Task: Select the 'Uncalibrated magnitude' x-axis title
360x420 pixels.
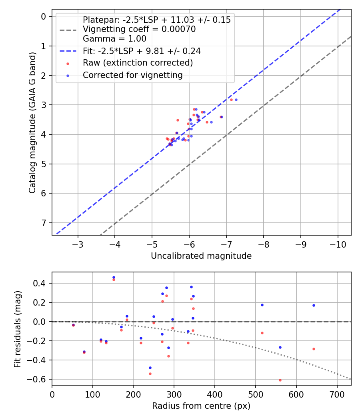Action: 201,256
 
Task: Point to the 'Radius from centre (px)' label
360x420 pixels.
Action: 201,406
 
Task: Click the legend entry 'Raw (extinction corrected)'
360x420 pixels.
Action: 138,63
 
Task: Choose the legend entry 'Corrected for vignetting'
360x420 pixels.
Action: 132,75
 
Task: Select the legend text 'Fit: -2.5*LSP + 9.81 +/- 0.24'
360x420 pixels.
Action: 142,51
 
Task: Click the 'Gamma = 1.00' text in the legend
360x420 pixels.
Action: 114,39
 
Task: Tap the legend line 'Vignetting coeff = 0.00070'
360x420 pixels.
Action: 139,29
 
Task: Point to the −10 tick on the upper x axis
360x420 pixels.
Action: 338,244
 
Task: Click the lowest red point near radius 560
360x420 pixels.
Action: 280,380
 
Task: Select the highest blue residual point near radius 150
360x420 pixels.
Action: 114,277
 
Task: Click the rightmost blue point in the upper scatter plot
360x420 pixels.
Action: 236,100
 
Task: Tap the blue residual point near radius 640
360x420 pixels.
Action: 314,305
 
